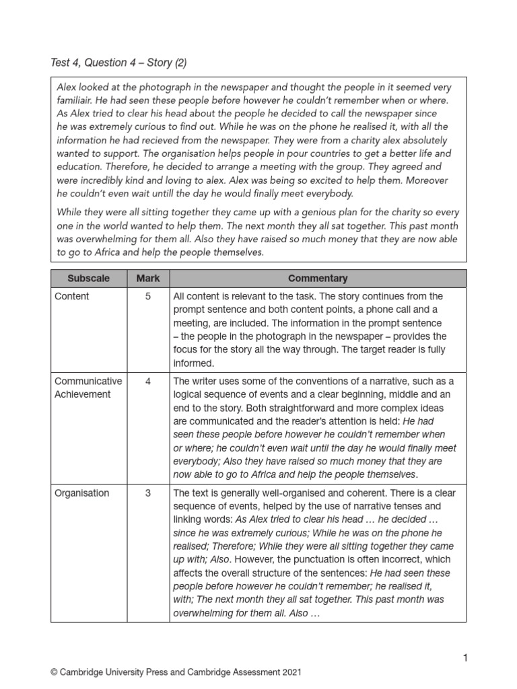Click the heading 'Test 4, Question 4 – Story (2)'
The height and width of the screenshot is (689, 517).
(x=118, y=63)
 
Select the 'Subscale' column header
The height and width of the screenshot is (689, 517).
(x=88, y=278)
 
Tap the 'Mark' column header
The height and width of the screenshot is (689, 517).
(x=147, y=278)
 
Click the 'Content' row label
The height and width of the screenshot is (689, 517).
(x=72, y=296)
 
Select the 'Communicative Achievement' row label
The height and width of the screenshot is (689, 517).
(x=88, y=388)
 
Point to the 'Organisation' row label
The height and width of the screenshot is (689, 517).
(x=81, y=493)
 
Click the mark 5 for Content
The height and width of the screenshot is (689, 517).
(x=147, y=296)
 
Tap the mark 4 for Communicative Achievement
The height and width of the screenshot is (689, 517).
(x=147, y=381)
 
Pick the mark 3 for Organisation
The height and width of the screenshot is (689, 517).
(x=147, y=493)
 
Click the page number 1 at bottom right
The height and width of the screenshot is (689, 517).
(x=464, y=657)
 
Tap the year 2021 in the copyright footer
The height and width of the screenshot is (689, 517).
(x=290, y=672)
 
